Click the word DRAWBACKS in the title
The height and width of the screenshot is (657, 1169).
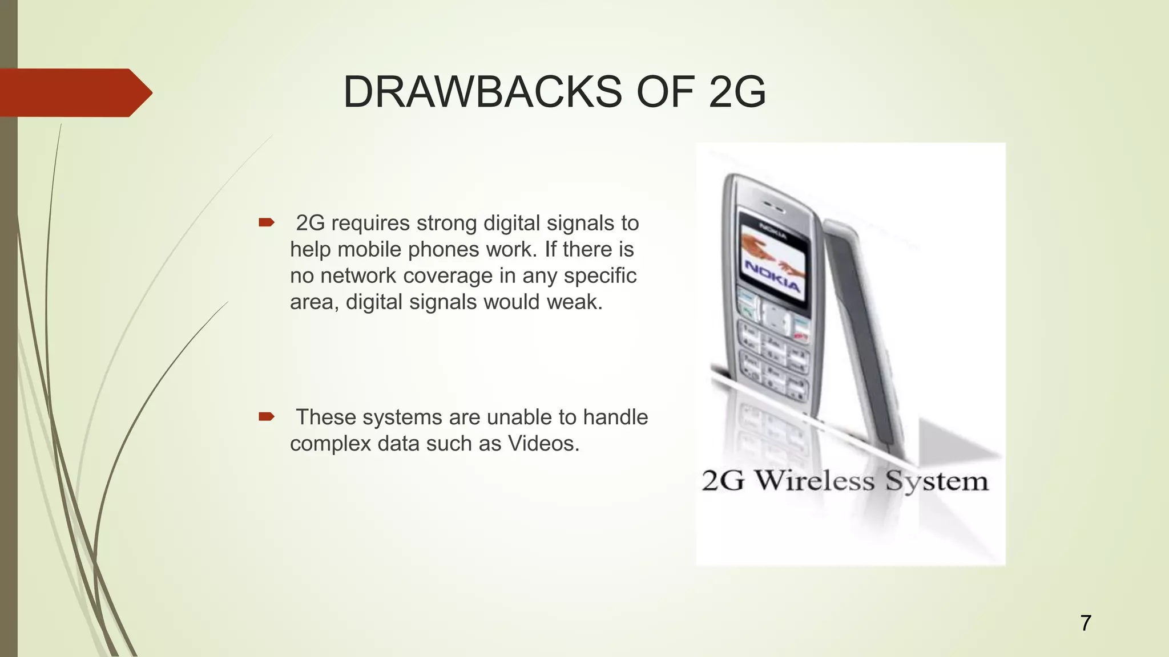point(482,92)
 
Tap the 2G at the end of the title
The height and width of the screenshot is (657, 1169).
point(737,92)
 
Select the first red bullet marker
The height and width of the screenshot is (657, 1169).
point(267,222)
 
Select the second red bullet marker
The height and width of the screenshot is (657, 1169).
point(267,416)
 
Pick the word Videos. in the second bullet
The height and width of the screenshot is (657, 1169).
point(543,443)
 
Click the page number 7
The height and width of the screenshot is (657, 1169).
point(1086,623)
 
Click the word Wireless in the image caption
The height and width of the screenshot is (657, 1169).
point(815,480)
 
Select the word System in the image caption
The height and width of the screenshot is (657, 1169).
point(936,481)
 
